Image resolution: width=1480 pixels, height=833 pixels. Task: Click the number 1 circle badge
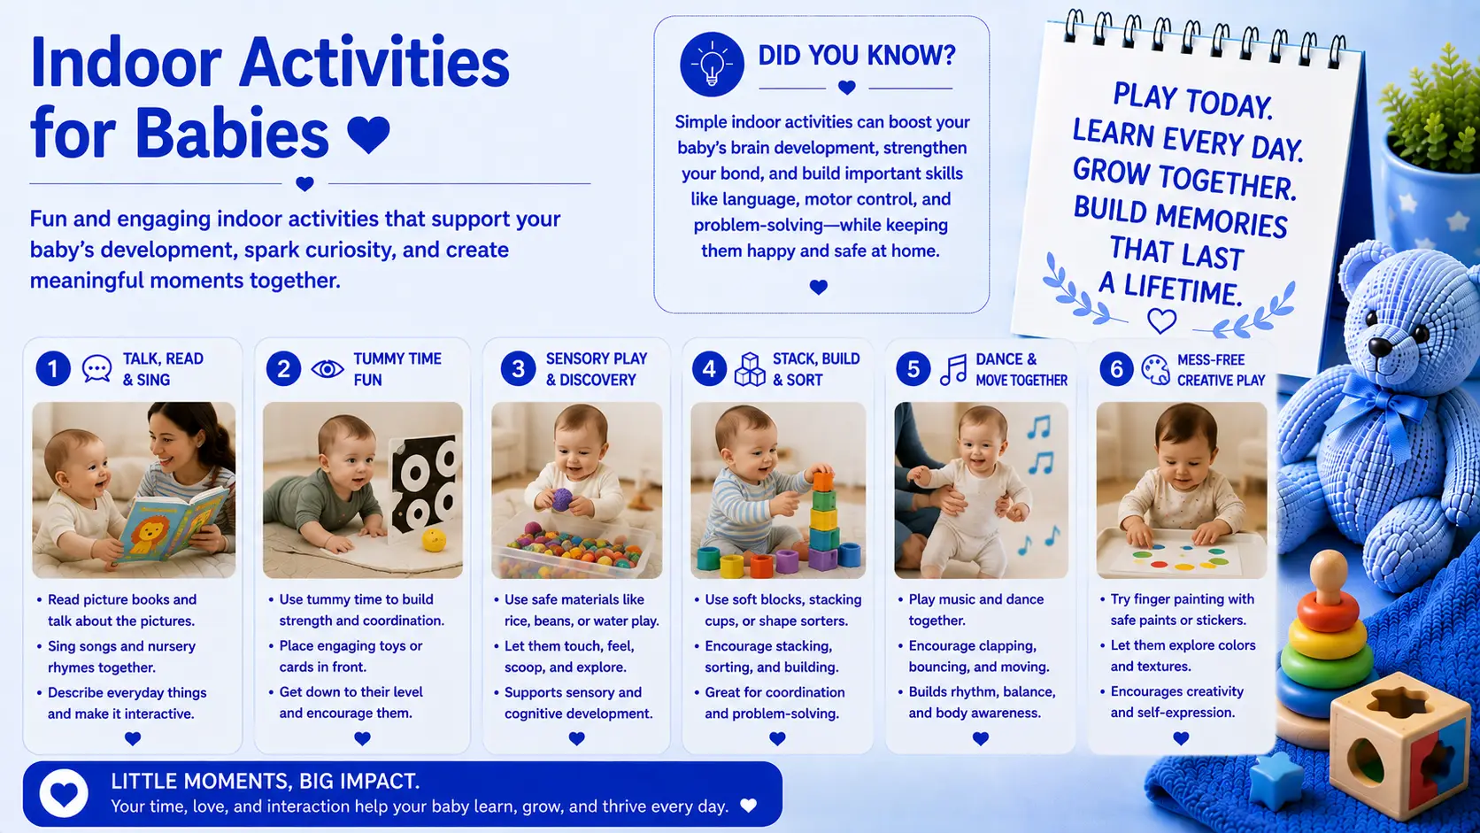[x=53, y=368]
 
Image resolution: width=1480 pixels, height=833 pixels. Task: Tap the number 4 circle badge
[x=709, y=368]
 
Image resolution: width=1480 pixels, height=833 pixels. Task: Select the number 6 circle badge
[x=1116, y=368]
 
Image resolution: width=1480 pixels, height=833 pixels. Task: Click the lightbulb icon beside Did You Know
[x=712, y=64]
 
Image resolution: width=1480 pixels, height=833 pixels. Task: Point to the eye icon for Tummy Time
[x=327, y=368]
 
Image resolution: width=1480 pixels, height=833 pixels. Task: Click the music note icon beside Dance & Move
[x=953, y=370]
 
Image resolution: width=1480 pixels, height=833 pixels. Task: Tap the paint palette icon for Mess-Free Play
[x=1156, y=369]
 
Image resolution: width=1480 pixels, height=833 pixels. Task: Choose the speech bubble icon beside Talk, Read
[x=96, y=368]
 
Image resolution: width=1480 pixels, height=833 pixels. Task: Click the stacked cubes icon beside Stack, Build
[x=750, y=369]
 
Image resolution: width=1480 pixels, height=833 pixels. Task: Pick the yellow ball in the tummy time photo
[x=434, y=540]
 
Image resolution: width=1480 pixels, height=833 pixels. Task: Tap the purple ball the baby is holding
[x=562, y=499]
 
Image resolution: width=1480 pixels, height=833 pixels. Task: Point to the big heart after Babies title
[x=368, y=134]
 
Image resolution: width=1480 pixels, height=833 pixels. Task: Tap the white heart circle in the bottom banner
[x=64, y=793]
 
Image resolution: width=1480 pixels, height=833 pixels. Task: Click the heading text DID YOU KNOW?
[x=856, y=56]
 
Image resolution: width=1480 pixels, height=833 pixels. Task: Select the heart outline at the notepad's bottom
[x=1161, y=321]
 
